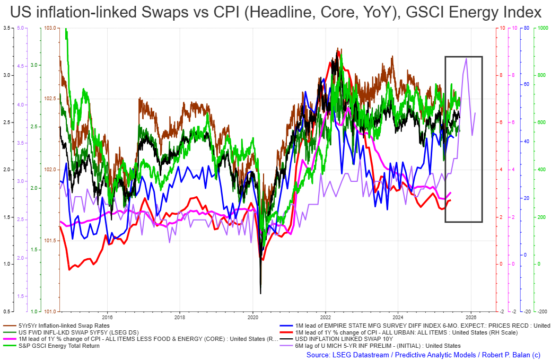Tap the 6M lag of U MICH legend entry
click(371, 346)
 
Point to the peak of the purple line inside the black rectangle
click(466, 59)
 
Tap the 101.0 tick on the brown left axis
click(51, 311)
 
